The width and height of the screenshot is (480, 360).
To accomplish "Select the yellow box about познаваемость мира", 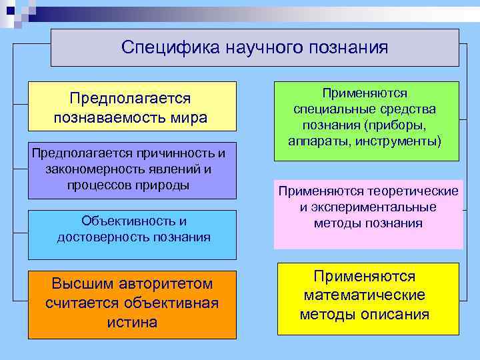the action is click(x=132, y=107).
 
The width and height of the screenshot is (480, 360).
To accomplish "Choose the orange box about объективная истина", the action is click(x=132, y=304).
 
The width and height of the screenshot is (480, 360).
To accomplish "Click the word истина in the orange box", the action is click(x=132, y=323).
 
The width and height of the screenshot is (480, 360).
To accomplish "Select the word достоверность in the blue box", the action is click(x=96, y=237).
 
